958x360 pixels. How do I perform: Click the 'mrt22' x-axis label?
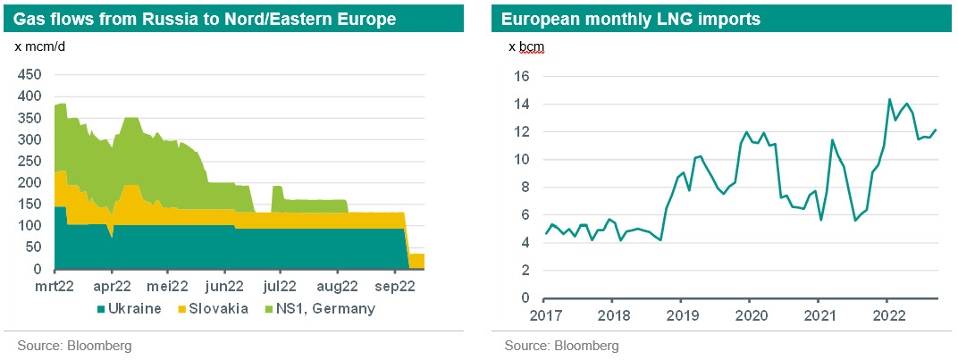pos(55,287)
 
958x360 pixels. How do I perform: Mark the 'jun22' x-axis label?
pos(224,287)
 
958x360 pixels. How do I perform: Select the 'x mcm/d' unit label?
pos(41,46)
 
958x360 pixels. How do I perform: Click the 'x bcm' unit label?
pos(526,46)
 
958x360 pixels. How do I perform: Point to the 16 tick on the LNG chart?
pos(524,77)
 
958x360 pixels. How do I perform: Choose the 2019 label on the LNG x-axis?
pos(681,315)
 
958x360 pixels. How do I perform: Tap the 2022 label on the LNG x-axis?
pos(887,315)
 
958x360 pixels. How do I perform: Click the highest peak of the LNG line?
pos(889,99)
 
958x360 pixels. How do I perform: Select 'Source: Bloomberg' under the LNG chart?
pos(560,346)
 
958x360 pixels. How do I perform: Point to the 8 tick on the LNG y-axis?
pos(527,188)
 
